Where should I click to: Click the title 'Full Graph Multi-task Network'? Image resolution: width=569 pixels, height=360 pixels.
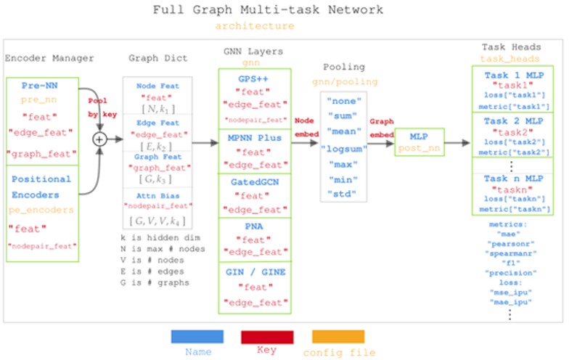(x=268, y=10)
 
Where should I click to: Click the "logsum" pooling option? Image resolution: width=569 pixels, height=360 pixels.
(x=344, y=150)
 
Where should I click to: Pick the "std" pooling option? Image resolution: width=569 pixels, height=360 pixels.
(x=344, y=195)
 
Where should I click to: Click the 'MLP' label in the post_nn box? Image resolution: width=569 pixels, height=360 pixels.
(x=420, y=136)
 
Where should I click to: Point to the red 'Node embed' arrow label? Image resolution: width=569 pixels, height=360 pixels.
(x=306, y=126)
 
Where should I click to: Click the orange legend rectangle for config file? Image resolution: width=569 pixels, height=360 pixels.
(x=338, y=336)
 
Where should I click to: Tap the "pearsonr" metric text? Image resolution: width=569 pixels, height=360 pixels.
(x=509, y=244)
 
